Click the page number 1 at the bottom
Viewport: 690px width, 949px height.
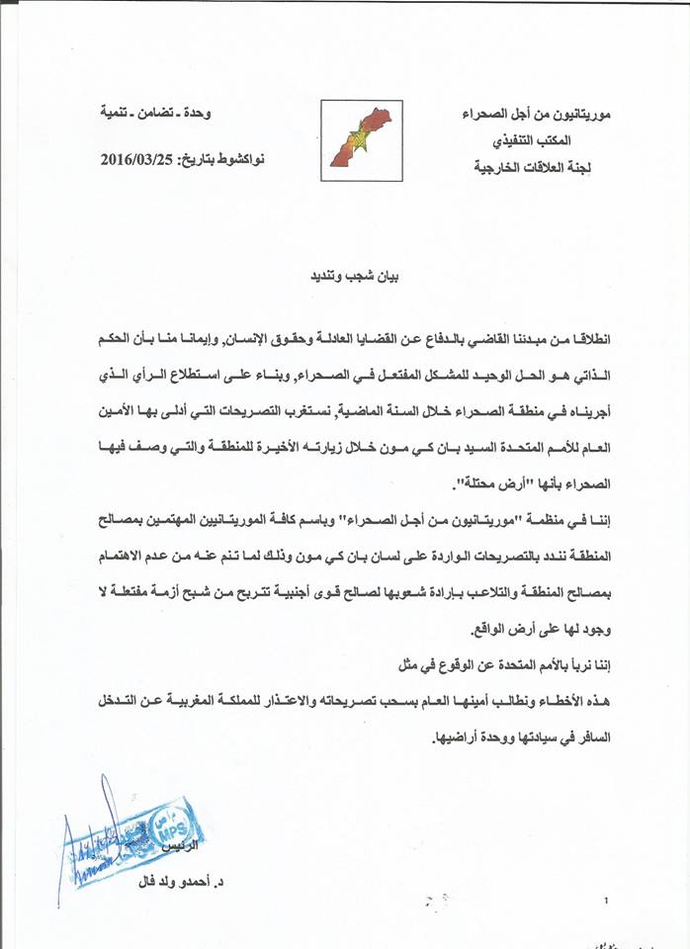coord(605,900)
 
